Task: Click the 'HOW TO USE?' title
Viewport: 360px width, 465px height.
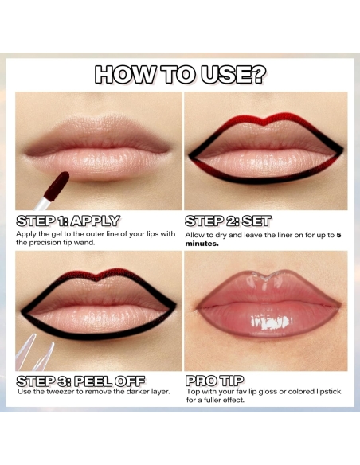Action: [180, 75]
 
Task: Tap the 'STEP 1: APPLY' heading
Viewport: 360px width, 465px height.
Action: [68, 221]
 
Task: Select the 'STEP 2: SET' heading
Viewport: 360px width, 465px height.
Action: [228, 221]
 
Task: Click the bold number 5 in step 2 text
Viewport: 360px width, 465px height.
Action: [338, 235]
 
